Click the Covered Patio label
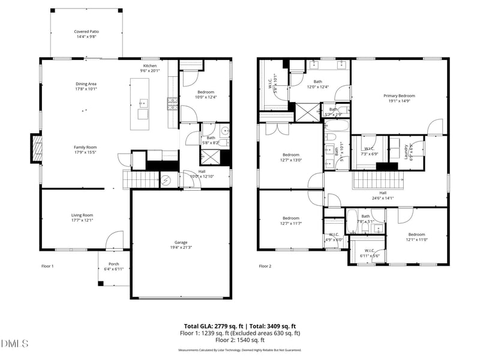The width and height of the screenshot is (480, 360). coord(86,32)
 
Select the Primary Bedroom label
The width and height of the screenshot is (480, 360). coord(399,95)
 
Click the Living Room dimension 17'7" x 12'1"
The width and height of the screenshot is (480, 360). coord(83,220)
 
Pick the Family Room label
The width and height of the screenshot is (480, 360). coord(85,147)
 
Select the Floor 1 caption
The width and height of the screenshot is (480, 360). coord(47,266)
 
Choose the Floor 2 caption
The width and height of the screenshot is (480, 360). coord(265,266)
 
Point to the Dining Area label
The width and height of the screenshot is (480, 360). coord(86,84)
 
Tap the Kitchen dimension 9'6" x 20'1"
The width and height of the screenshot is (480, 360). coord(149,70)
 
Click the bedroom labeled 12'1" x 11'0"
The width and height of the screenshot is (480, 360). coord(416,236)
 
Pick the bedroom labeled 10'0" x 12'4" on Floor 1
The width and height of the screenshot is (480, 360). coord(206,94)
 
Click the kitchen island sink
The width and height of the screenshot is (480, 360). coord(143,102)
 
